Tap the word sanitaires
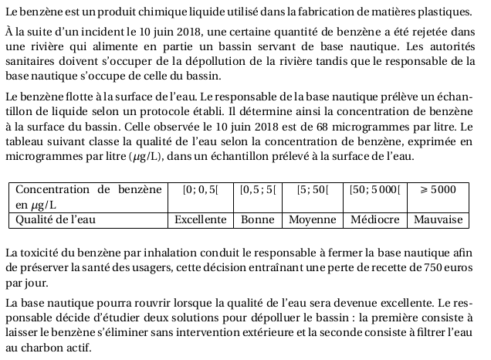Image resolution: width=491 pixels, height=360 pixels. click(31, 62)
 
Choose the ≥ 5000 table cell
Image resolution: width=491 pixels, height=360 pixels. click(438, 189)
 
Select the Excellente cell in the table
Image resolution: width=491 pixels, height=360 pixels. click(200, 219)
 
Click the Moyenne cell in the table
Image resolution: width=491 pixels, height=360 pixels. click(313, 219)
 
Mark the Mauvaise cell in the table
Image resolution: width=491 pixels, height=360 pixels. click(438, 219)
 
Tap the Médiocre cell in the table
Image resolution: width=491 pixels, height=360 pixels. click(374, 219)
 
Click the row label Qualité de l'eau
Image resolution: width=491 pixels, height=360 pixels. click(56, 219)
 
